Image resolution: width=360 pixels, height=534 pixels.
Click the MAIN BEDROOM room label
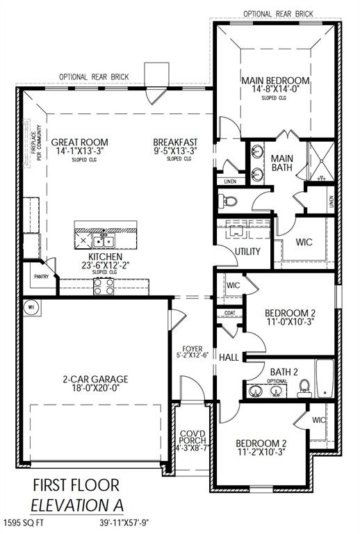276,81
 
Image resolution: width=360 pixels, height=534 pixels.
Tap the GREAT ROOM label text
79,142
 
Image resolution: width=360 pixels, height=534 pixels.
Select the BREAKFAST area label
175,142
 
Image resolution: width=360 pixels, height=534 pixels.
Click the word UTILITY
247,252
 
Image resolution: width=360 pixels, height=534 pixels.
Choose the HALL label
229,357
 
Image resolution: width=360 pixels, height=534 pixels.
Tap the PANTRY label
42,276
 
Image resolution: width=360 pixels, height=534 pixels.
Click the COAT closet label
229,313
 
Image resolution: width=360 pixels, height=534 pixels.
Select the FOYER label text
192,349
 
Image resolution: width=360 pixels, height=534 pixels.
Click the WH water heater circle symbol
31,306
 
